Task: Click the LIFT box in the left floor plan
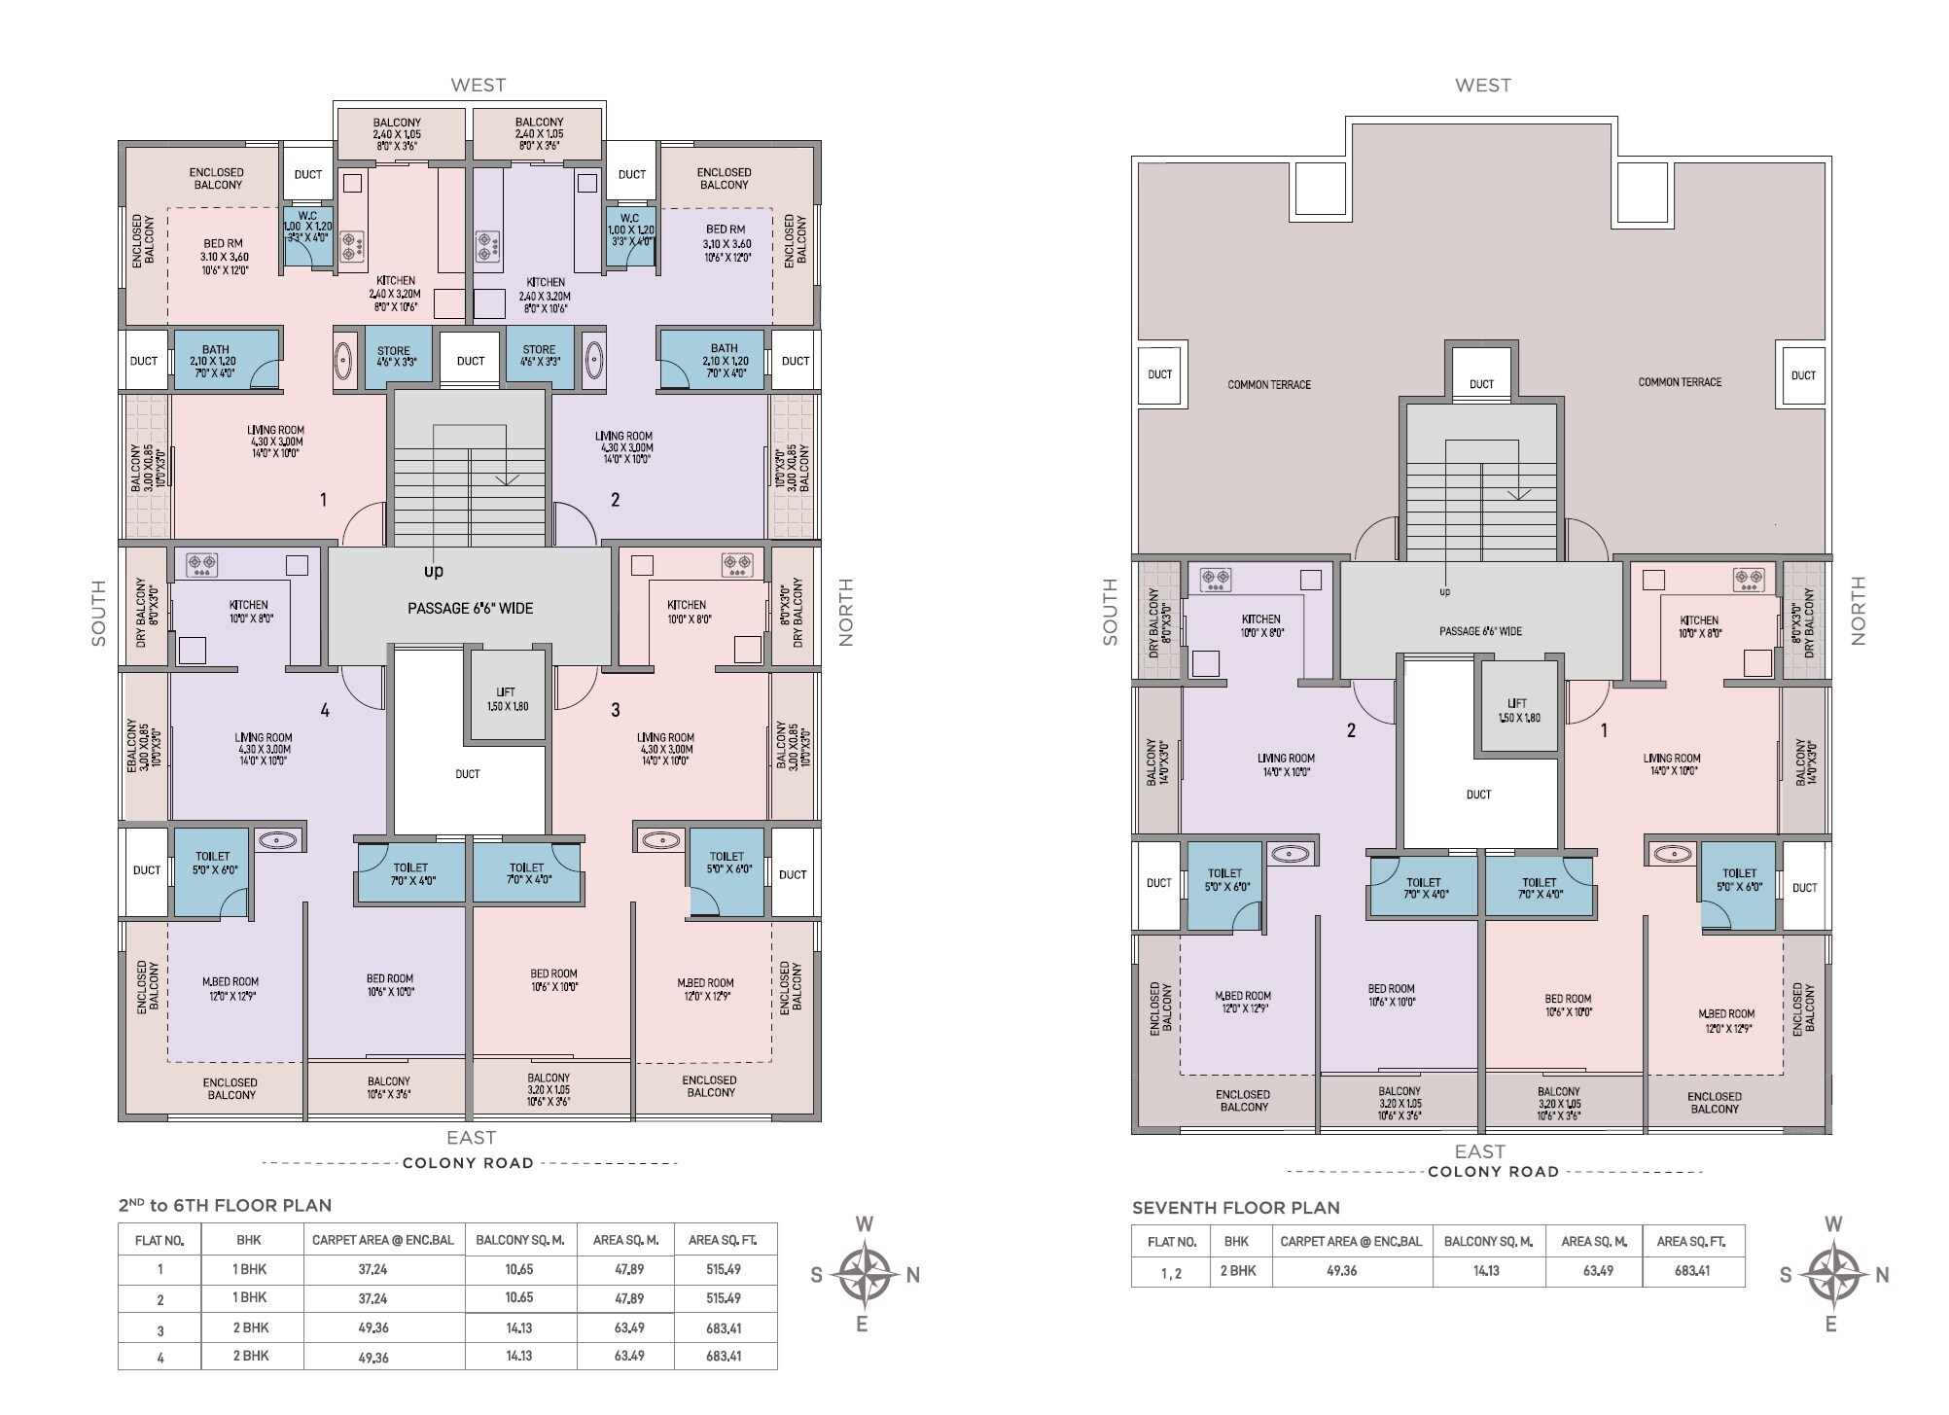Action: pos(505,698)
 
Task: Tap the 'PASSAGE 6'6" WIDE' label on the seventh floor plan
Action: pos(1480,631)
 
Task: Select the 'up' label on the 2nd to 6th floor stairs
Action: pos(434,571)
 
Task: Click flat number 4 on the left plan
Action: pos(325,711)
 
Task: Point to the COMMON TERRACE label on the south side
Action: pos(1268,385)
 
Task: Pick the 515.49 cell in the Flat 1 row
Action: pos(724,1269)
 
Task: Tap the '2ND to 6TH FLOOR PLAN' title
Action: pos(225,1206)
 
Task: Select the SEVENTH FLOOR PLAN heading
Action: pos(1235,1208)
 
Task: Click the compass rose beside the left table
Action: pos(864,1274)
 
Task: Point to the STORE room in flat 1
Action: pos(393,356)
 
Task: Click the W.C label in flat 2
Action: pos(629,218)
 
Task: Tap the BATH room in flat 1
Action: pos(215,355)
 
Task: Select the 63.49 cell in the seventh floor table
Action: pos(1597,1271)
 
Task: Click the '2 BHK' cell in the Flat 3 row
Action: pos(250,1327)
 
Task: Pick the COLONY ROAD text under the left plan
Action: pos(468,1163)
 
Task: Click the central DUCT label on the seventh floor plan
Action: pos(1478,795)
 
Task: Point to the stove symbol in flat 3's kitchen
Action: pos(736,563)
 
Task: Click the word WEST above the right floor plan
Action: pos(1482,86)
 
